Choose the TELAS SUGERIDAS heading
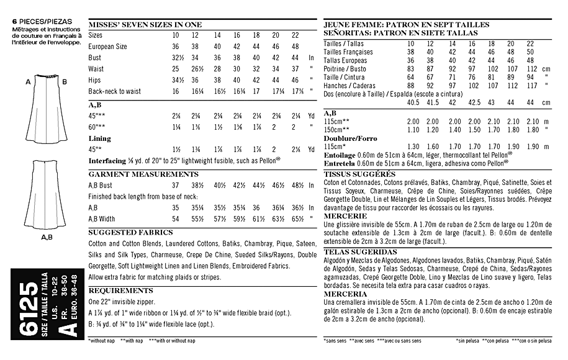[x=361, y=252]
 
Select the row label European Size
[x=108, y=47]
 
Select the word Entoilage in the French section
[x=340, y=153]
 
